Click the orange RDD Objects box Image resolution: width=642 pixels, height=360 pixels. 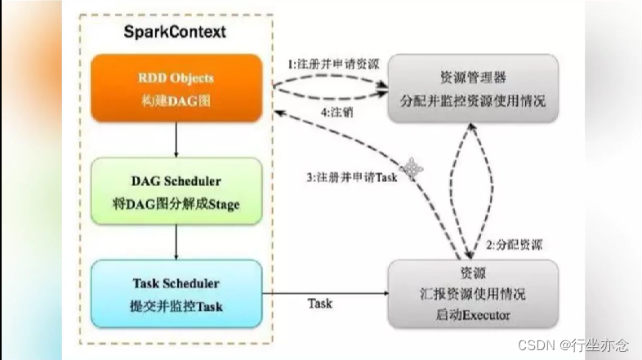[x=174, y=87]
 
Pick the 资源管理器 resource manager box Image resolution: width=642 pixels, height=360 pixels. [x=473, y=88]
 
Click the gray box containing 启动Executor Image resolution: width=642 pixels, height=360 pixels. [x=473, y=295]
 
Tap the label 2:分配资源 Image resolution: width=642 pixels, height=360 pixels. [x=512, y=245]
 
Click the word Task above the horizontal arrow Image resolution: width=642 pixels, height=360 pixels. [x=319, y=303]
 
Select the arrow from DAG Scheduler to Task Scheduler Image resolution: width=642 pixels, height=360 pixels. [x=174, y=243]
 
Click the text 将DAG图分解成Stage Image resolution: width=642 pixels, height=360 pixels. [x=174, y=202]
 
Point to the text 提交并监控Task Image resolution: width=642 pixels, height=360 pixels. [x=174, y=305]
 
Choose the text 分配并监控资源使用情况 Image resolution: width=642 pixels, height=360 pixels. [x=473, y=102]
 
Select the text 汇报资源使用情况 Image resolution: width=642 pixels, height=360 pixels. [x=473, y=294]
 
